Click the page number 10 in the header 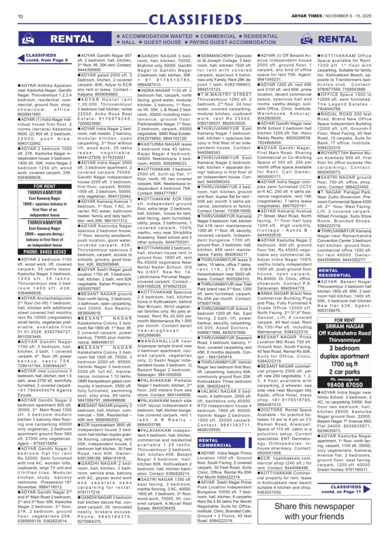[x=20, y=16]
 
